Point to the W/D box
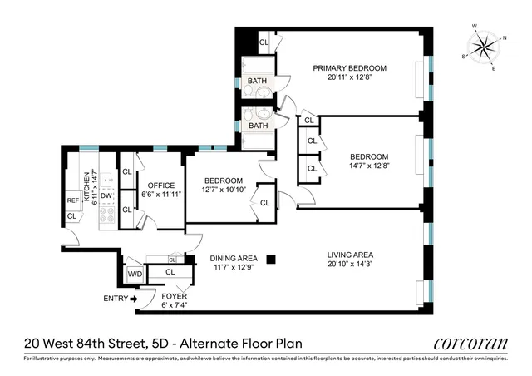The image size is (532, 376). tap(135, 273)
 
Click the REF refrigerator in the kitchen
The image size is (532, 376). tap(72, 200)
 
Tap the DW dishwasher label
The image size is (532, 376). tap(106, 196)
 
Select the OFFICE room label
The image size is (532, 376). tap(159, 186)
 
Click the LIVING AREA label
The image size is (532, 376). tap(350, 255)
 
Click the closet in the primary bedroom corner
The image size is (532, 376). tap(264, 42)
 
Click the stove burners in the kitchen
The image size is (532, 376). tap(106, 216)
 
